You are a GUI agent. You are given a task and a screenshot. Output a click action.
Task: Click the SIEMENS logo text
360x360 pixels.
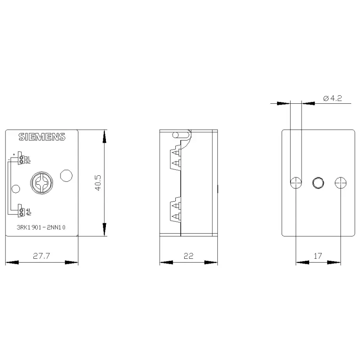point(42,137)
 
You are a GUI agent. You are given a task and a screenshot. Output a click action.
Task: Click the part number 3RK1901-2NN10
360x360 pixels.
point(41,227)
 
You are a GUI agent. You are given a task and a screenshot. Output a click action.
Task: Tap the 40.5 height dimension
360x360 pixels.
point(98,183)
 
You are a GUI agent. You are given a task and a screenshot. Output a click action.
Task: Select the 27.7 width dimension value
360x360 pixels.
point(42,256)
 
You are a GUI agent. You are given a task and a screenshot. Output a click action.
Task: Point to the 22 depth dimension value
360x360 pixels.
point(188,256)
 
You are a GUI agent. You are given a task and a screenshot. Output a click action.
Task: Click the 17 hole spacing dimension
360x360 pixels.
point(318,256)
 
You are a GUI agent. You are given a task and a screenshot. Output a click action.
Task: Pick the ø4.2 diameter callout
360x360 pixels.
point(332,98)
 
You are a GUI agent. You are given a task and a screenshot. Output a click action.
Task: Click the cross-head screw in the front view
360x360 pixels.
point(42,183)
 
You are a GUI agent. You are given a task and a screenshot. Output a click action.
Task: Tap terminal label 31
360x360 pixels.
point(28,158)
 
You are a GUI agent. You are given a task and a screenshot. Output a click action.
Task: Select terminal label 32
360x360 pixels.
point(28,162)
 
